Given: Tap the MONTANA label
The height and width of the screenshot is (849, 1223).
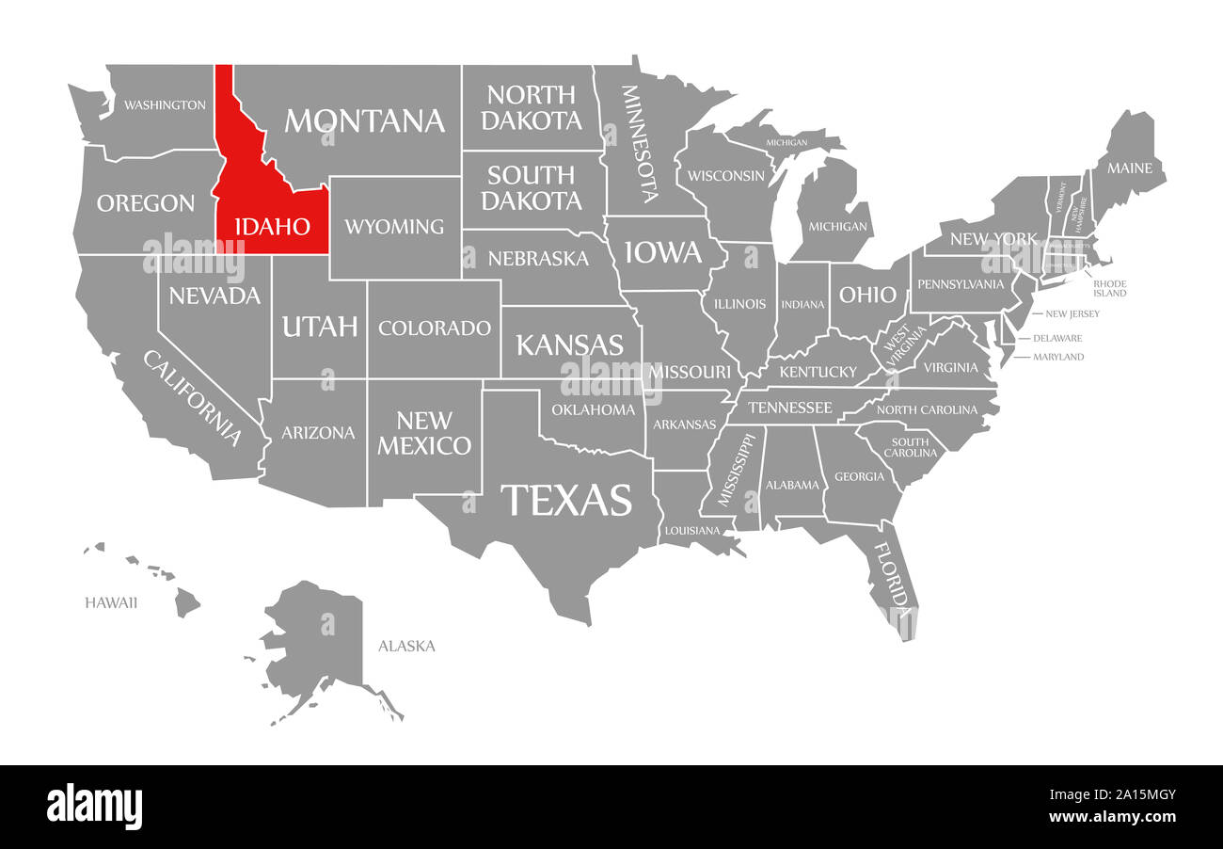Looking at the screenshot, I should [x=364, y=120].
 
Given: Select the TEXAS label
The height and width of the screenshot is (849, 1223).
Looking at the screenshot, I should [x=566, y=500].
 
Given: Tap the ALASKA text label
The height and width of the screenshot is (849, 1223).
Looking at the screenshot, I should [x=406, y=646].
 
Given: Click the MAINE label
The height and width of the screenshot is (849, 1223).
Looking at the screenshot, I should [x=1129, y=168].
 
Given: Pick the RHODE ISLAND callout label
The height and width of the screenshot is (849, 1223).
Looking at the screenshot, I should [x=1109, y=288].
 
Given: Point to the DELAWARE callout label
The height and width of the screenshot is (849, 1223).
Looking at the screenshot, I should [x=1057, y=338].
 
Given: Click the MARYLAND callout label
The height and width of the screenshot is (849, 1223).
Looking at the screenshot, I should [x=1058, y=357].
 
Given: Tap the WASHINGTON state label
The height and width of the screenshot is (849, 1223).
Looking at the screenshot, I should [x=165, y=104].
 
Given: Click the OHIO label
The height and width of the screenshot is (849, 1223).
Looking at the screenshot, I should [x=867, y=295].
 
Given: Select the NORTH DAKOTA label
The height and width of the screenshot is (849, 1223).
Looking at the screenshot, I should [x=532, y=107].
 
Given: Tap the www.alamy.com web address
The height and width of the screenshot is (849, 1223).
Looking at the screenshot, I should [x=1111, y=817].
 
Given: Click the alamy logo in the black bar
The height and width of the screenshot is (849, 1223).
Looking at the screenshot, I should [x=94, y=807].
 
